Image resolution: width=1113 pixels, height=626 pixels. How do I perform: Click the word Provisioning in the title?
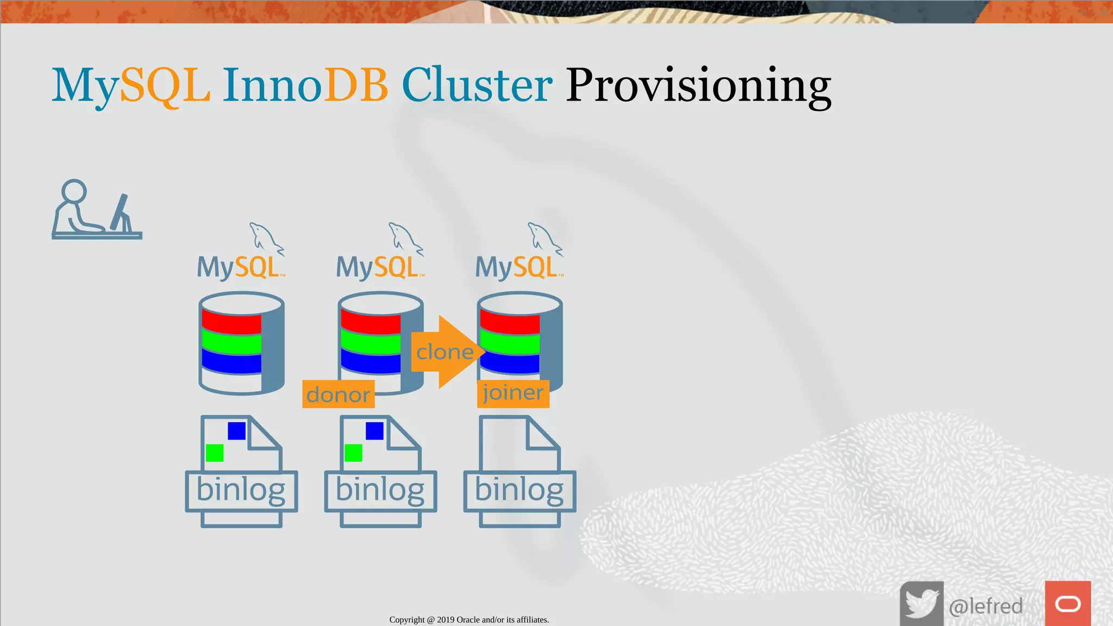[698, 86]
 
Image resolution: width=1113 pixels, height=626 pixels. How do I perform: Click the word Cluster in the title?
[477, 86]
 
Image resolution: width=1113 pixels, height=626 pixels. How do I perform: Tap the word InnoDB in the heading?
[305, 86]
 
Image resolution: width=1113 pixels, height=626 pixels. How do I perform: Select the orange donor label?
[338, 395]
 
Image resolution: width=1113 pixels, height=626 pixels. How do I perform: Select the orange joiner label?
[512, 393]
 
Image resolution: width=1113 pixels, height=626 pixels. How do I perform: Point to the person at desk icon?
[96, 210]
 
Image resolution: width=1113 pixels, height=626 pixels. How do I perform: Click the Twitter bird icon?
[921, 604]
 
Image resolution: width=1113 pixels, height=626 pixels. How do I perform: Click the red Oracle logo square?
[1067, 604]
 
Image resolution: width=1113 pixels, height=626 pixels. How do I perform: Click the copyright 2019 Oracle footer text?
[469, 619]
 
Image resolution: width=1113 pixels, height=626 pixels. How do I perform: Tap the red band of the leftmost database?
[232, 322]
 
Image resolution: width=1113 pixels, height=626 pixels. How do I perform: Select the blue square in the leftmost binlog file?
[236, 431]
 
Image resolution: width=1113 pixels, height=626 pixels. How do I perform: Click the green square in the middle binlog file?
[353, 453]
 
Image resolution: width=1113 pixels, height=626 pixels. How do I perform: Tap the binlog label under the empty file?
[519, 491]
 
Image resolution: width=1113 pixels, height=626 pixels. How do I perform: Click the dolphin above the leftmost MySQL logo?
[265, 238]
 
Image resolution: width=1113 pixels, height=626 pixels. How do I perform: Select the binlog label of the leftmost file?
[241, 491]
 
